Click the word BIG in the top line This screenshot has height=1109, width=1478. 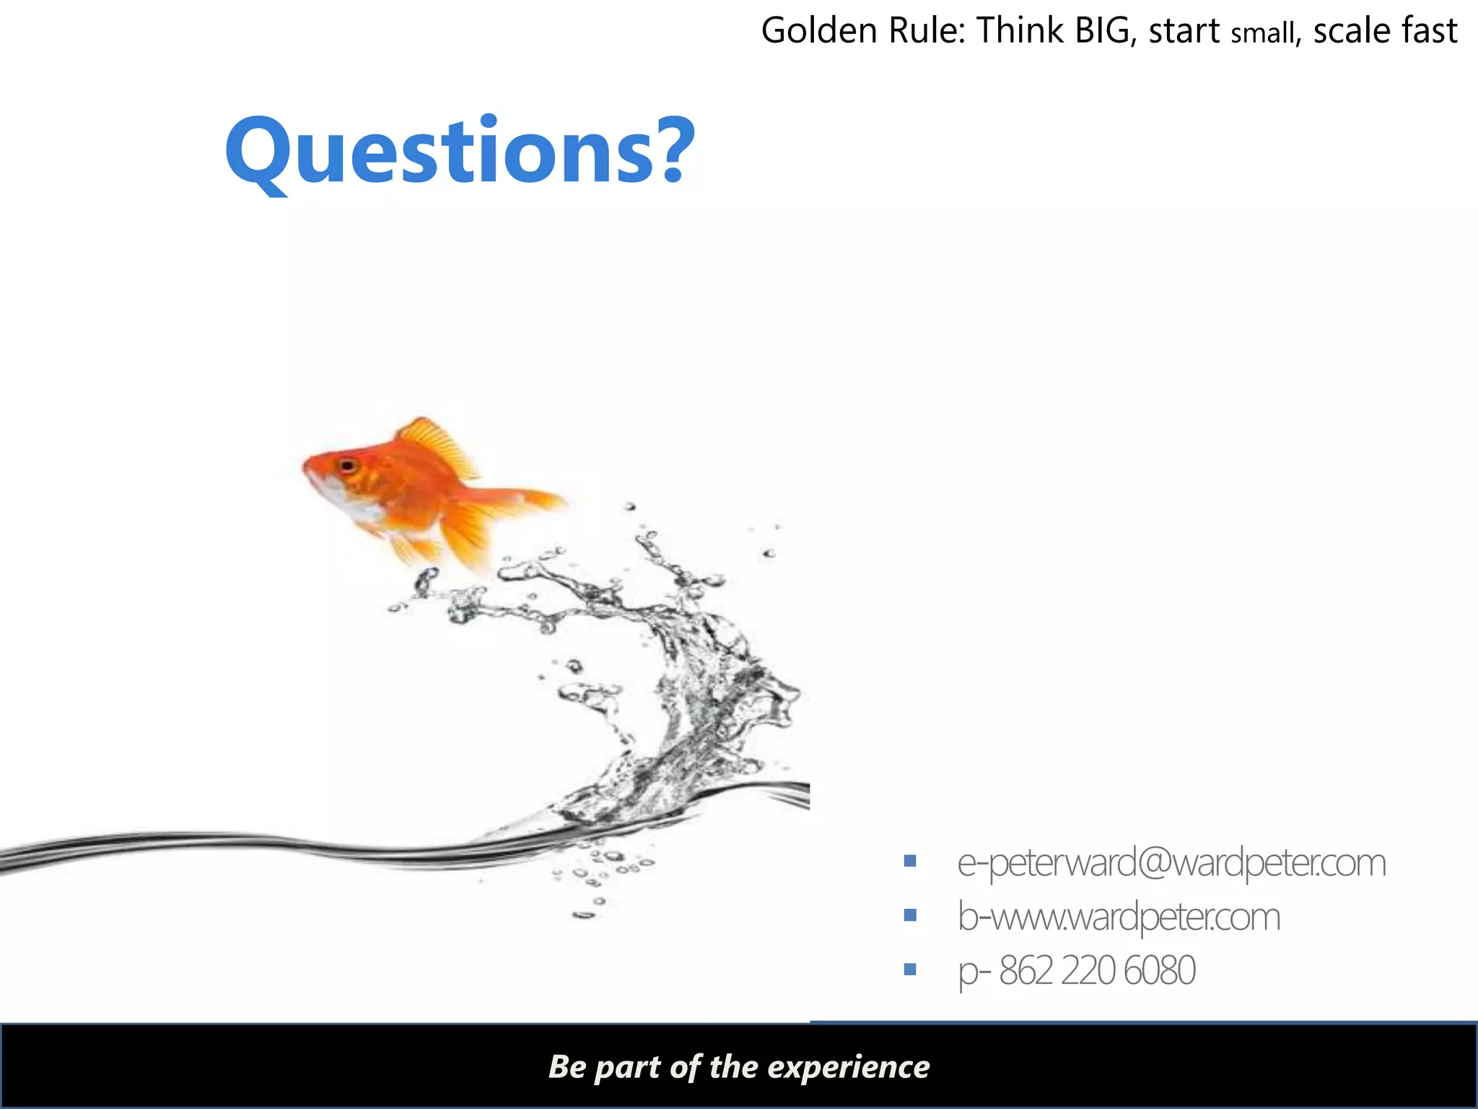click(x=1102, y=30)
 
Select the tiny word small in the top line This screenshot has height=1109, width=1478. click(x=1263, y=33)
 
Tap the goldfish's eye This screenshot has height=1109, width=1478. click(x=348, y=466)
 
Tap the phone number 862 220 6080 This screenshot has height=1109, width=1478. click(x=1097, y=970)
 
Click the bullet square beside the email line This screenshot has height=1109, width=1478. click(x=910, y=861)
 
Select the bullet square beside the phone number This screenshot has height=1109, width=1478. click(x=910, y=969)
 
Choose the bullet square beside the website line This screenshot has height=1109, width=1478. click(x=910, y=916)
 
